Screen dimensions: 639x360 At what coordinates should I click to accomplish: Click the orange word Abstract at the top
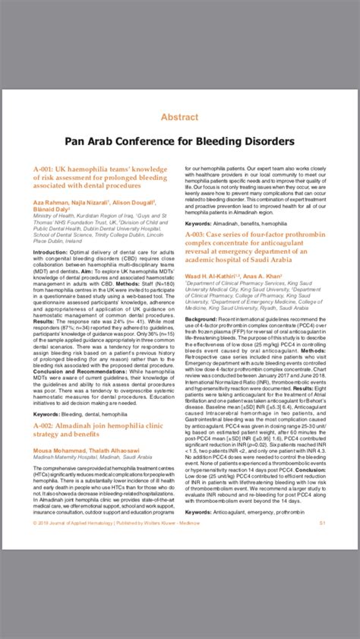point(179,118)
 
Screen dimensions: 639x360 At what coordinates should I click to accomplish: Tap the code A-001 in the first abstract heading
point(44,166)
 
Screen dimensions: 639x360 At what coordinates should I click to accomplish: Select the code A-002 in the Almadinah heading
point(44,428)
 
